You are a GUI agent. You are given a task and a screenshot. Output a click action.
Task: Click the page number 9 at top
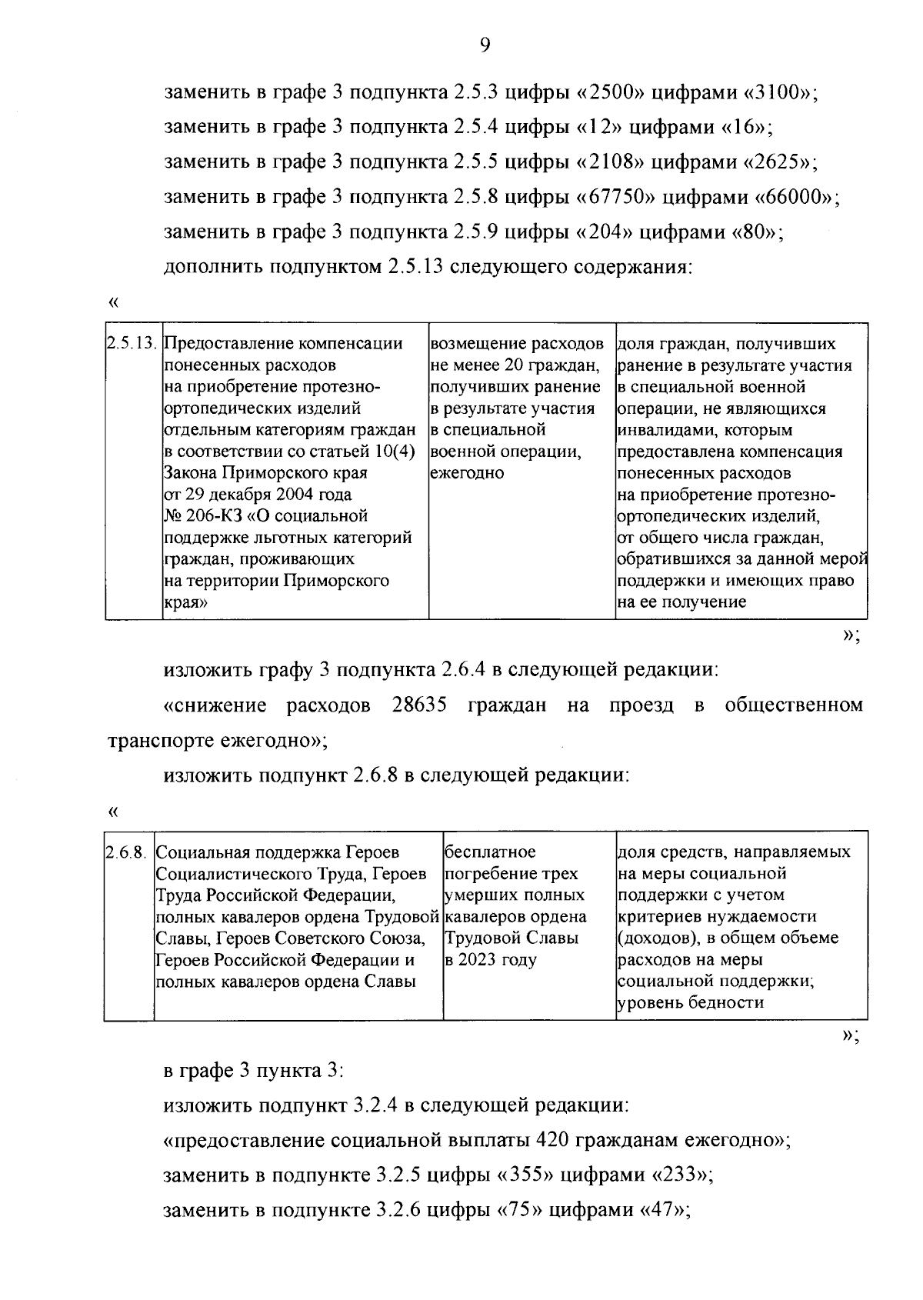click(485, 46)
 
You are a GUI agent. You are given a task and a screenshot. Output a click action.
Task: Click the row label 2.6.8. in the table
click(128, 853)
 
